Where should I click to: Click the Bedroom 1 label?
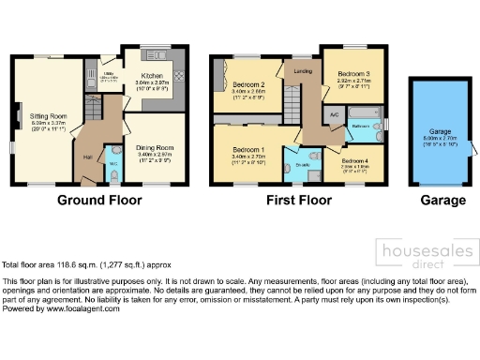[x=248, y=150]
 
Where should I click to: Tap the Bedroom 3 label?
[x=353, y=73]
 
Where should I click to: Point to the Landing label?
[x=302, y=70]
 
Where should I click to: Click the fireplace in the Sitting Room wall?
[x=19, y=117]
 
